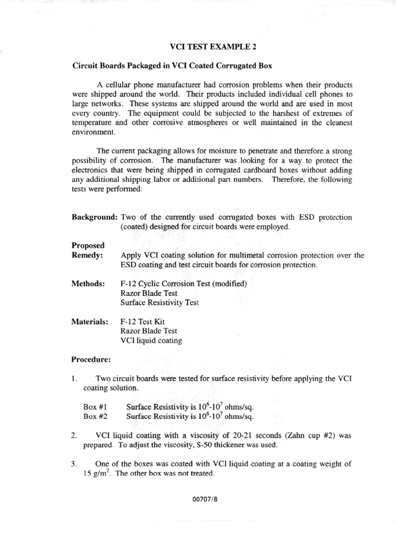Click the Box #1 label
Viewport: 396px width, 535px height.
[95, 407]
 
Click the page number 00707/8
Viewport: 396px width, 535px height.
[199, 499]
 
